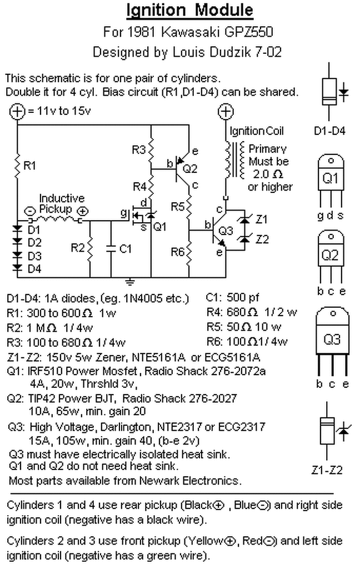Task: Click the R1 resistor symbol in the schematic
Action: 17,166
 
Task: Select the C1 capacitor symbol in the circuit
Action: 111,248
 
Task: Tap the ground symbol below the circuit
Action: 129,282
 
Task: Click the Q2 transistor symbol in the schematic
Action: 180,169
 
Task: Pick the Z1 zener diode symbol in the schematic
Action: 245,219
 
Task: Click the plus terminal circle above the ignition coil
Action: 226,111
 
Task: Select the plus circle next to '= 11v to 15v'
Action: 17,111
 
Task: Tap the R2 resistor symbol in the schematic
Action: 90,248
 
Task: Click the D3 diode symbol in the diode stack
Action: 17,255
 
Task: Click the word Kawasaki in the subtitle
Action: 190,32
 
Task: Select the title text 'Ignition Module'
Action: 189,10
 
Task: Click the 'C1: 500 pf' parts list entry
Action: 232,298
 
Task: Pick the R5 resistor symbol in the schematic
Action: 189,207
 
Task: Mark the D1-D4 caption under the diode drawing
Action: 329,131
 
